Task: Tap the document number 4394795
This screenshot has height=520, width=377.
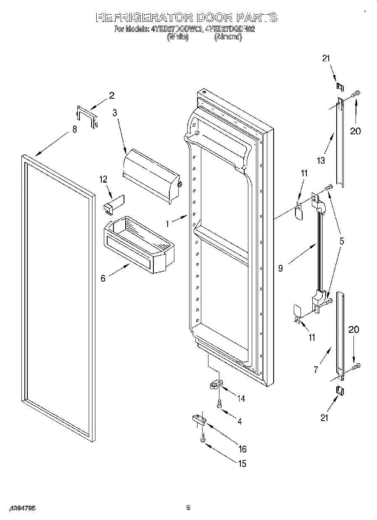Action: coord(21,508)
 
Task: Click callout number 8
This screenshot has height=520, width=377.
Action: coord(74,129)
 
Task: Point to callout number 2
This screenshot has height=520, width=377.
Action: coord(111,95)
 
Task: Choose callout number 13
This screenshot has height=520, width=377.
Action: coord(321,160)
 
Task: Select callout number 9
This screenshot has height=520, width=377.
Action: coord(280,268)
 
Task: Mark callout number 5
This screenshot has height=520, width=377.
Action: coord(342,241)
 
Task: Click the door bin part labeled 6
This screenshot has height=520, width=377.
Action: coord(139,246)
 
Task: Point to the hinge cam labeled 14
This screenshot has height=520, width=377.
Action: coord(215,385)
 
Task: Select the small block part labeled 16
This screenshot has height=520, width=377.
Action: coord(198,420)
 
